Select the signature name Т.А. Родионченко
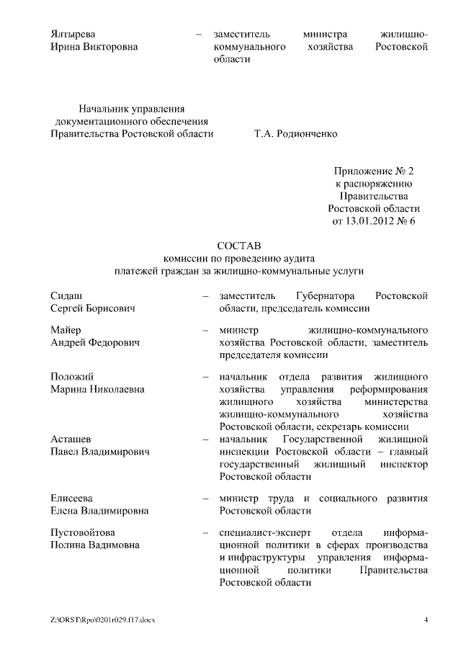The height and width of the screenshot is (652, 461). (295, 134)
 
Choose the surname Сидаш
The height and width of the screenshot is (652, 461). (66, 296)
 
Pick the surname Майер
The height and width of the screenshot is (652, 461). (67, 330)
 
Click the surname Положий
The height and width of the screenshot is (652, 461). (72, 377)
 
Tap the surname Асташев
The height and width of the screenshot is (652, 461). (71, 439)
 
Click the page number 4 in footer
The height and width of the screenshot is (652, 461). (426, 620)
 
